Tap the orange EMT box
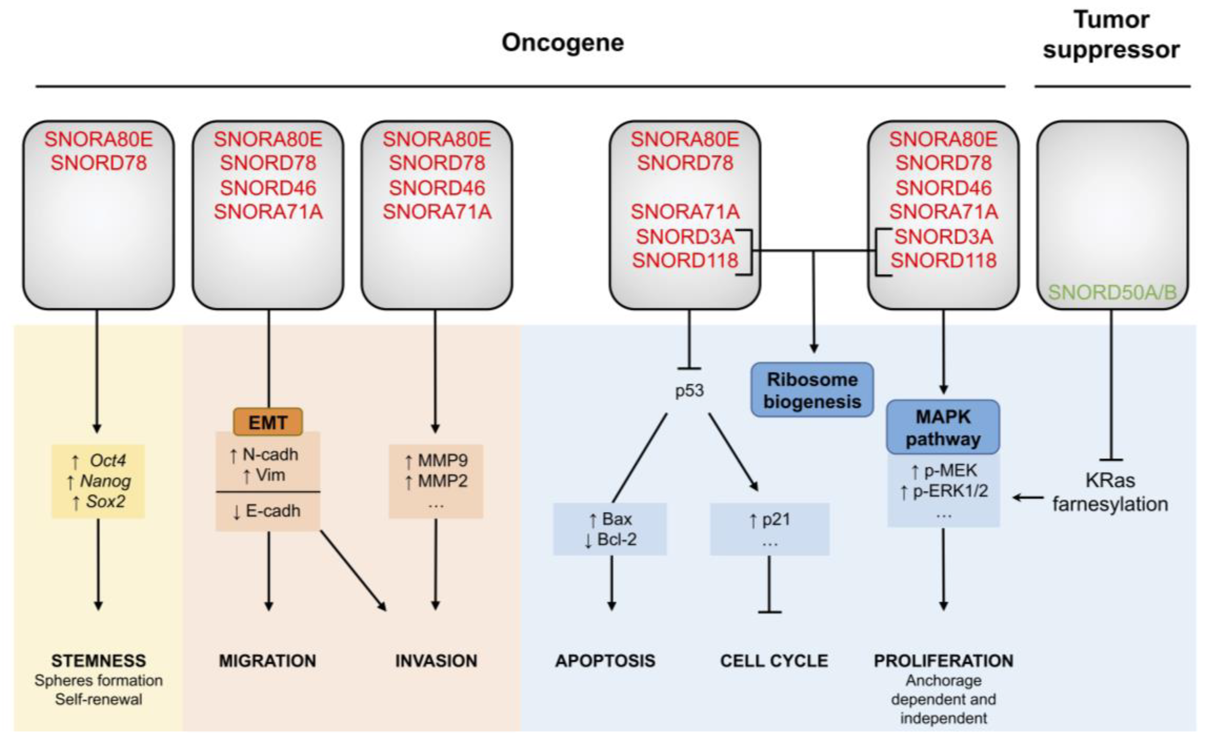[x=267, y=422]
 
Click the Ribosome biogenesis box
[x=811, y=390]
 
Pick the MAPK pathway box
[x=942, y=427]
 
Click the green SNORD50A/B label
[x=1112, y=293]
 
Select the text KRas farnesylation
[x=1110, y=492]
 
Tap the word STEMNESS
[x=99, y=660]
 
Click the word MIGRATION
[x=267, y=660]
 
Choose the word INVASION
[x=436, y=660]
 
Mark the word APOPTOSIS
[x=605, y=660]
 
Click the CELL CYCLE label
[x=774, y=660]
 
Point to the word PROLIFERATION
[x=943, y=660]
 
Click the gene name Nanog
[x=105, y=481]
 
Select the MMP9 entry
[x=442, y=461]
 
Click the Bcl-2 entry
[x=616, y=539]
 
